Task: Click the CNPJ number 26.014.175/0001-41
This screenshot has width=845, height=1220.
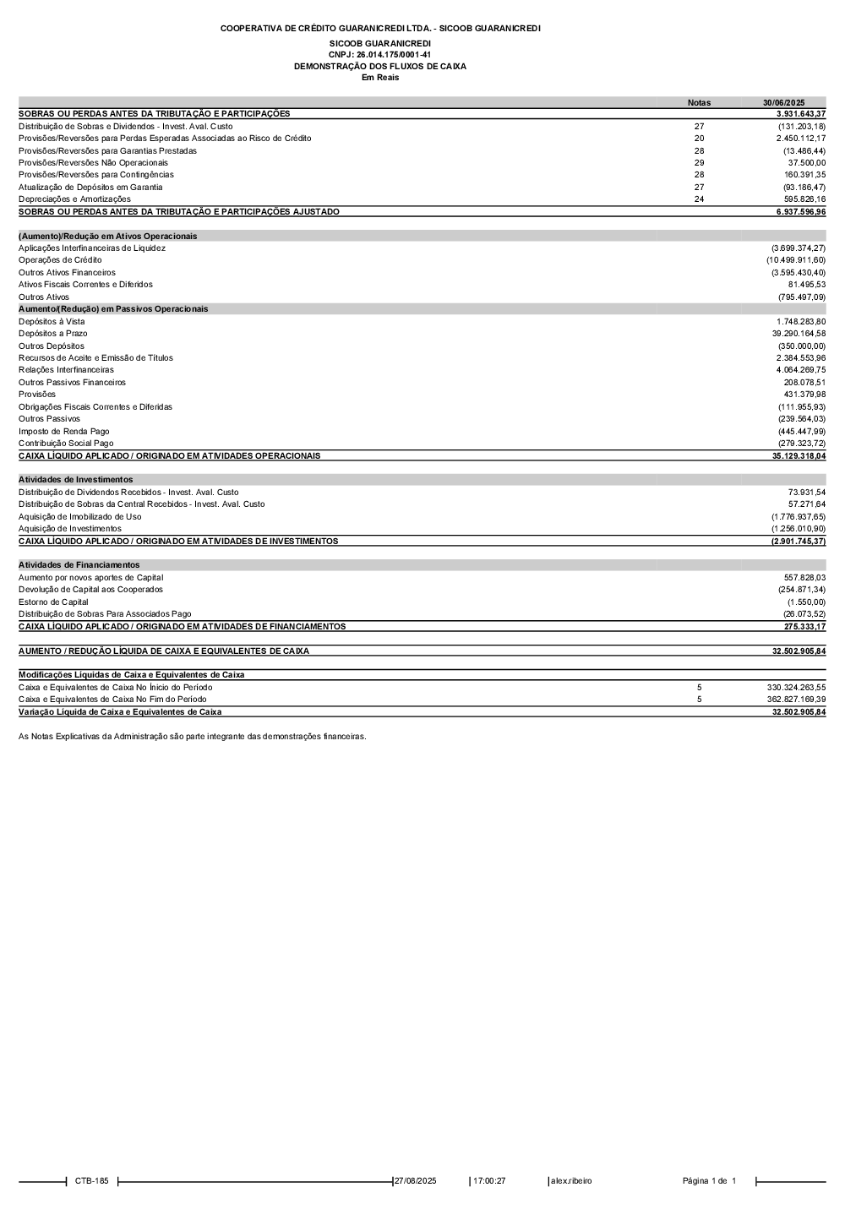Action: coord(379,54)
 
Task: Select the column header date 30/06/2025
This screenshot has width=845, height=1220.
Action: coord(783,102)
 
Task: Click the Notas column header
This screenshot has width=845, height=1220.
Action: coord(699,102)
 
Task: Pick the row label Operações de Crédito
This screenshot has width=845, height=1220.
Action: coord(60,260)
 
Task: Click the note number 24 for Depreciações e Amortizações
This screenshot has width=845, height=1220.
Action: coord(699,199)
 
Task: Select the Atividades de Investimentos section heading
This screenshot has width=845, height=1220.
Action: coord(75,480)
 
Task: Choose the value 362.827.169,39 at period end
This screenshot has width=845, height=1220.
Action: coord(790,700)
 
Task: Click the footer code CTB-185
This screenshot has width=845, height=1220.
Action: coord(91,1181)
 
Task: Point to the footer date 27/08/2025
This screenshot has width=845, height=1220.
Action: coord(416,1181)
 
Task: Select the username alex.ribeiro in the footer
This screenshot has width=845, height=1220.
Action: coord(571,1181)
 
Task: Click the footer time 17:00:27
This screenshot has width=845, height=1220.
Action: coord(489,1181)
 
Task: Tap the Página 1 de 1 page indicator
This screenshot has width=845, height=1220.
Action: coord(709,1181)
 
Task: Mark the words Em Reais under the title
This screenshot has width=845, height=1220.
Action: coord(379,78)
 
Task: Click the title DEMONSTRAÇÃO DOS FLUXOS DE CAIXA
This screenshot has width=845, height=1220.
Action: coord(379,66)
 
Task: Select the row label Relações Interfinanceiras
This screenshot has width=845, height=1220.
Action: coord(66,370)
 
